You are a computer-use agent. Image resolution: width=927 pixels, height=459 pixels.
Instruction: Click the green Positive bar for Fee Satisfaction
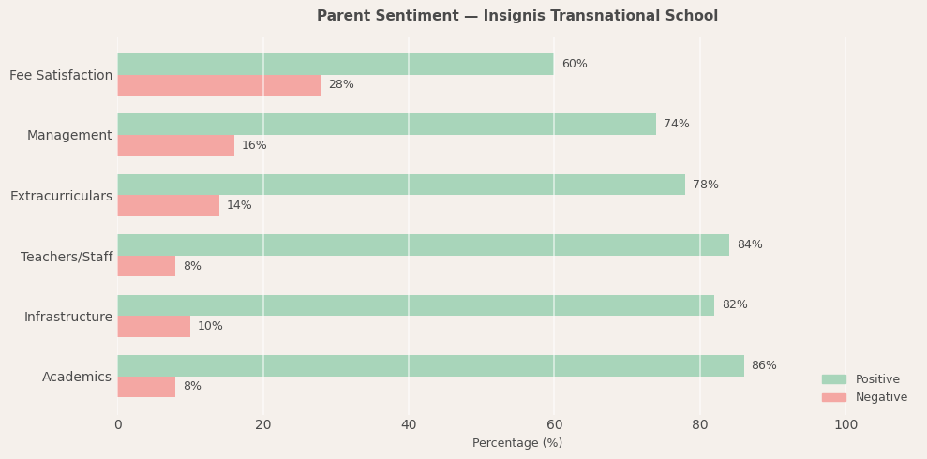336,64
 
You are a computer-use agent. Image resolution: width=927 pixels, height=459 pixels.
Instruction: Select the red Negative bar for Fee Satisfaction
219,85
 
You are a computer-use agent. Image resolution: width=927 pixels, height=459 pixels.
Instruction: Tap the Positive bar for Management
386,124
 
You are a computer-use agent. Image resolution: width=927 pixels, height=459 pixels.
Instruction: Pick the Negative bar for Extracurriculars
169,205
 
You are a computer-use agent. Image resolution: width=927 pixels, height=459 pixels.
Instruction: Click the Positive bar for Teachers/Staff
423,244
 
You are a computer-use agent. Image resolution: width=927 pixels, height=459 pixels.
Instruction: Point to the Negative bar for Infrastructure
154,326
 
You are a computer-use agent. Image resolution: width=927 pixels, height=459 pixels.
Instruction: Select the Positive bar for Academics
430,365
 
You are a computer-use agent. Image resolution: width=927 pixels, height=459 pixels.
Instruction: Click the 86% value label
764,365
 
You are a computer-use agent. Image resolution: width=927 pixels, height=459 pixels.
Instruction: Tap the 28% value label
341,85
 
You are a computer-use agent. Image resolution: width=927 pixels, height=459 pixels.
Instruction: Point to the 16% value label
254,145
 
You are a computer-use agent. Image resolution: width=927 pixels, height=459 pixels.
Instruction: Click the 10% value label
210,326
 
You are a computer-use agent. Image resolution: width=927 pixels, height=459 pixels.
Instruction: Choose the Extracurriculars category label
61,196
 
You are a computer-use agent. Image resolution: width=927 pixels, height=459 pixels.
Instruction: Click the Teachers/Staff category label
67,257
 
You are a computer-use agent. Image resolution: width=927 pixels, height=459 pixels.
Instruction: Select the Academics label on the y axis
77,377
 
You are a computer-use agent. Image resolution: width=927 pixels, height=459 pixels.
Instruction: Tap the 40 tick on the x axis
409,424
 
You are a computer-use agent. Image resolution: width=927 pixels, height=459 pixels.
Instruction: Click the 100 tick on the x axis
845,424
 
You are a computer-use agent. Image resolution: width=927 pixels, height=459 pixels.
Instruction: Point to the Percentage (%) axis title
517,443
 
